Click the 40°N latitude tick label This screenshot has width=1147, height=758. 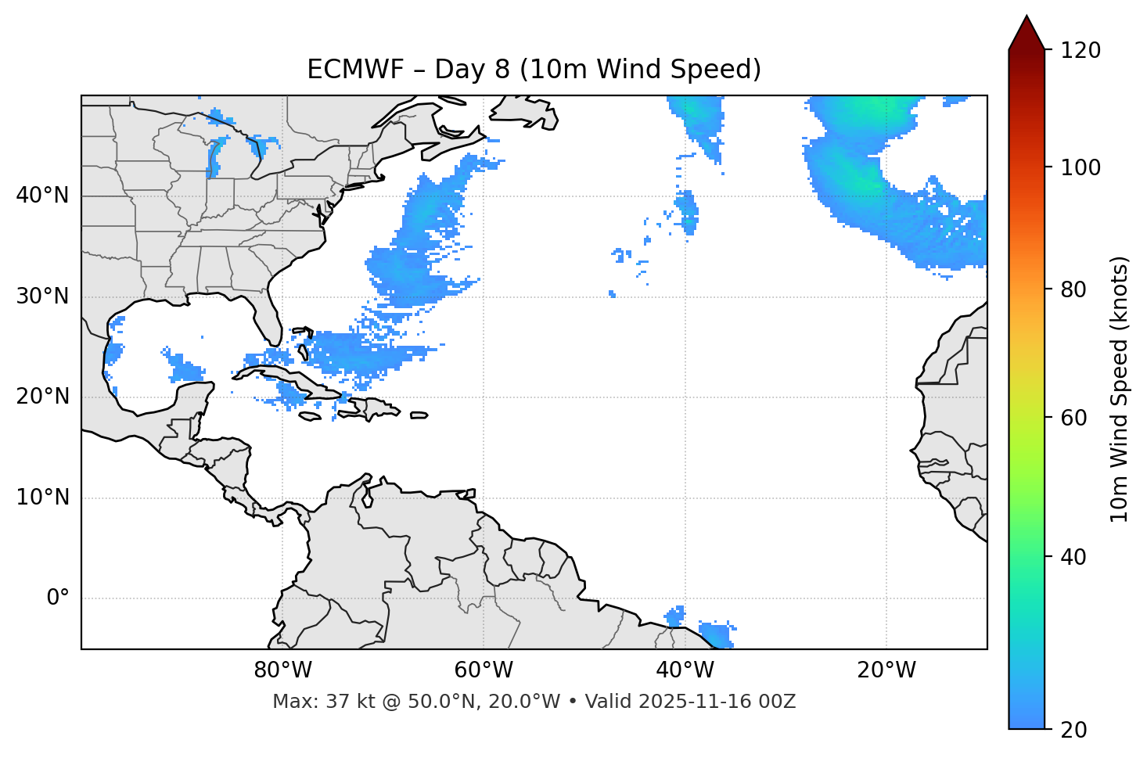[x=42, y=196]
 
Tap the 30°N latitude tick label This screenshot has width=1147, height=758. [x=42, y=296]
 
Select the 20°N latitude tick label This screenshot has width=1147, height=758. [x=42, y=397]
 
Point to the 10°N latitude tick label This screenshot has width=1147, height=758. [x=42, y=498]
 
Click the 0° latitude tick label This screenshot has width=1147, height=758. [x=58, y=598]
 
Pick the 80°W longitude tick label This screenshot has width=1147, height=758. [x=282, y=670]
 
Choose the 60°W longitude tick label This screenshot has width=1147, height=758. [x=484, y=670]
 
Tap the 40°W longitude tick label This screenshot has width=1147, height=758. [x=685, y=670]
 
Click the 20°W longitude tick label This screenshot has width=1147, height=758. [x=886, y=670]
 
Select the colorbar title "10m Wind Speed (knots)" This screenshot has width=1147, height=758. [x=1120, y=389]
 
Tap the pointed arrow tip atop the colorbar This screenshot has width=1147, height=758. [x=1027, y=19]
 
